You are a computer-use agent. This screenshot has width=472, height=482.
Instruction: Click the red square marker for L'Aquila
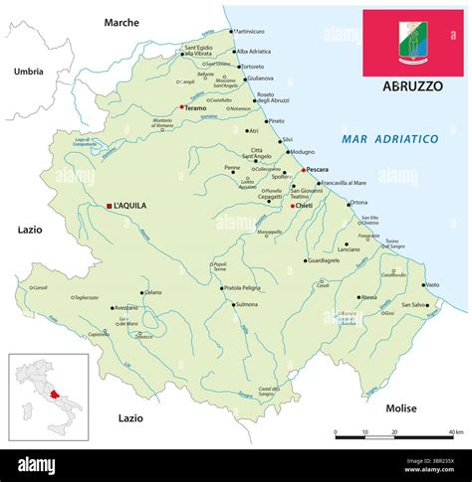pos(109,206)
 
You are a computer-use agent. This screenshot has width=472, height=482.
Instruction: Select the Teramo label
pos(195,107)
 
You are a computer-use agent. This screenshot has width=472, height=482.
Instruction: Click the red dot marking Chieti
pos(293,207)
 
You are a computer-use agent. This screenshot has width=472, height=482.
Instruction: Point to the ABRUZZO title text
pos(412,86)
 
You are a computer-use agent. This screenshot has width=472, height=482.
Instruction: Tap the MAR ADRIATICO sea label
pos(389,140)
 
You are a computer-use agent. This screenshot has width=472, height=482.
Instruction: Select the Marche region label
pos(121,21)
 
